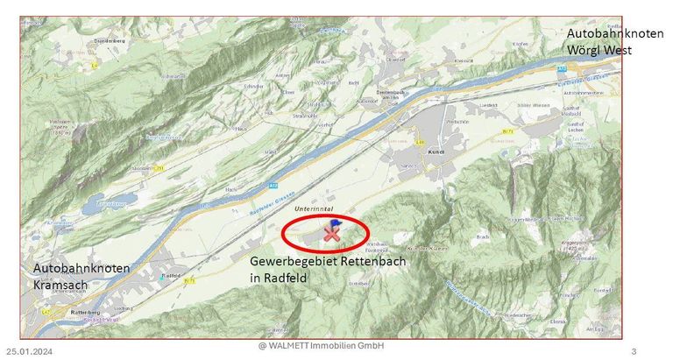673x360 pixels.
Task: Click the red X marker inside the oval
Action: [x=330, y=234]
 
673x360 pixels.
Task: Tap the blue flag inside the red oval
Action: [x=337, y=224]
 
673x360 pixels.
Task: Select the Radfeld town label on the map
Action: [x=172, y=274]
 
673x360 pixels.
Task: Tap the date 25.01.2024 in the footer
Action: [x=30, y=351]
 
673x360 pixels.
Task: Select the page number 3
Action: [x=633, y=351]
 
